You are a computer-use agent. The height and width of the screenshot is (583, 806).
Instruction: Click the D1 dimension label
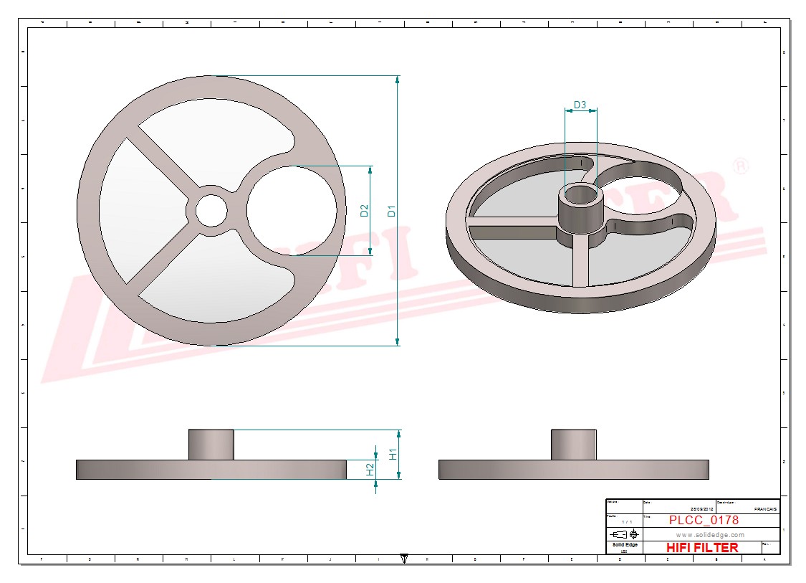click(391, 211)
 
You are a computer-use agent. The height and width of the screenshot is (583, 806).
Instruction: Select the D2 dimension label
click(364, 211)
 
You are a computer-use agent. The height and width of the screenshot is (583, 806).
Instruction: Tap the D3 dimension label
click(580, 105)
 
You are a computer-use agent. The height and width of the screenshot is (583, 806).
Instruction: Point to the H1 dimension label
click(393, 454)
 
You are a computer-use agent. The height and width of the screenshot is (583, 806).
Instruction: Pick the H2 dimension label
click(370, 469)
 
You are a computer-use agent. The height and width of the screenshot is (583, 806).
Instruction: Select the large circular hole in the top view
click(292, 211)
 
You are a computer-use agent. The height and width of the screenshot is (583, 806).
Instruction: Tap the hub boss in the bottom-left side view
click(211, 444)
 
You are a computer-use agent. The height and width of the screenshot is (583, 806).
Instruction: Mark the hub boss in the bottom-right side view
click(573, 444)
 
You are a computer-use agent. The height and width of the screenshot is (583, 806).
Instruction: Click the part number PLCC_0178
click(704, 520)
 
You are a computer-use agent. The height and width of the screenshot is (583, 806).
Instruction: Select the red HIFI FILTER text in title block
click(701, 547)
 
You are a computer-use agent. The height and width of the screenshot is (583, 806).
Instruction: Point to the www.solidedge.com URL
click(710, 535)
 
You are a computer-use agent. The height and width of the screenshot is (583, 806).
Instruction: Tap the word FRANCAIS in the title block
click(765, 508)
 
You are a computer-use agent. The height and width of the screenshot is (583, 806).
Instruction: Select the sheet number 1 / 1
click(628, 521)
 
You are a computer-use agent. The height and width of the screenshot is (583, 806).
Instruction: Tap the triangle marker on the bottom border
click(404, 558)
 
